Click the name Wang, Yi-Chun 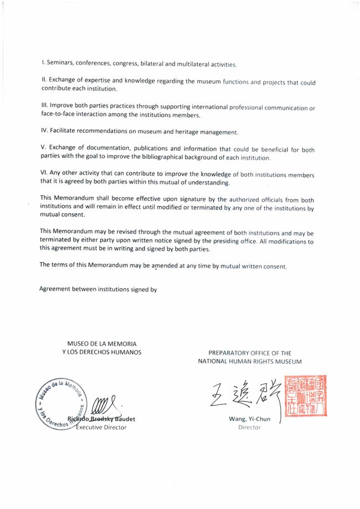pyautogui.click(x=249, y=419)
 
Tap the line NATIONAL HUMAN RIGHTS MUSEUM pyautogui.click(x=250, y=361)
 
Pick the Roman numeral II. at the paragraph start pyautogui.click(x=45, y=80)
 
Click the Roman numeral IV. pyautogui.click(x=45, y=132)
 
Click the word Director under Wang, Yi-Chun pyautogui.click(x=249, y=428)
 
